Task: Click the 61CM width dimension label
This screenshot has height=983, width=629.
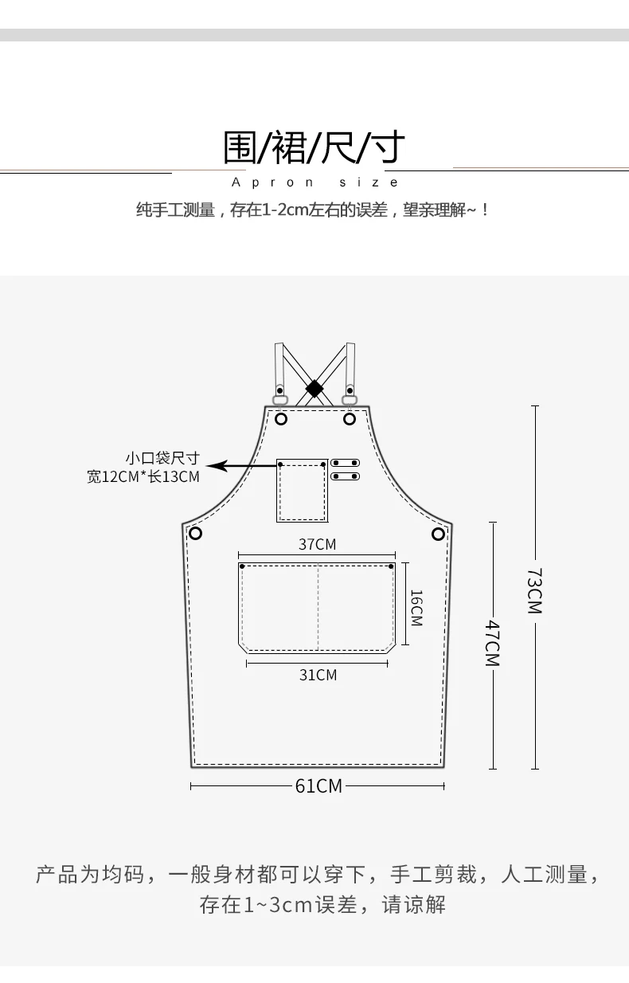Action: [318, 786]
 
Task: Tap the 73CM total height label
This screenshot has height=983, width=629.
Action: [535, 591]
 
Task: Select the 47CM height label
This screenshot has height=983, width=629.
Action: [492, 643]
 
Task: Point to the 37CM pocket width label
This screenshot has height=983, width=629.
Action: [317, 544]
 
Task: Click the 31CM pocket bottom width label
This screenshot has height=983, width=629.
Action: [318, 675]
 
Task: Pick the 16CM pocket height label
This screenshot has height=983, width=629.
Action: [416, 608]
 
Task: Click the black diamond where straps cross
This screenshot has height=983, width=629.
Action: [314, 389]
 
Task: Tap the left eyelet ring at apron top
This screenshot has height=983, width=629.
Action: [281, 419]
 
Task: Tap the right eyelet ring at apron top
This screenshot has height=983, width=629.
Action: [350, 419]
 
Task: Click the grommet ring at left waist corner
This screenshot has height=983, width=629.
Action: [195, 534]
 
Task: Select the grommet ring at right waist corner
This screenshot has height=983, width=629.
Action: [438, 534]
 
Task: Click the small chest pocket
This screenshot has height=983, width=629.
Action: [303, 491]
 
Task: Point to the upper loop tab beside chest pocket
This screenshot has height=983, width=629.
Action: [346, 463]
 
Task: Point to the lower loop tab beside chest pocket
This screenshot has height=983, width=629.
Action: [346, 476]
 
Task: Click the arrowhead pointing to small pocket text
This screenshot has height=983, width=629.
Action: [216, 465]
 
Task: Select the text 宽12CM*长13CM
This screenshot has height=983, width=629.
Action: [143, 476]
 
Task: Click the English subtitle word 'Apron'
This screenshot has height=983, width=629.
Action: [272, 182]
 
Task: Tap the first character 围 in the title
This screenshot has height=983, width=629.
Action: [240, 147]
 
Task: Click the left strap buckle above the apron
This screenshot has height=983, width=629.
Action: [279, 400]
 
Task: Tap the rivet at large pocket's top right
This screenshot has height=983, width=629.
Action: [391, 566]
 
